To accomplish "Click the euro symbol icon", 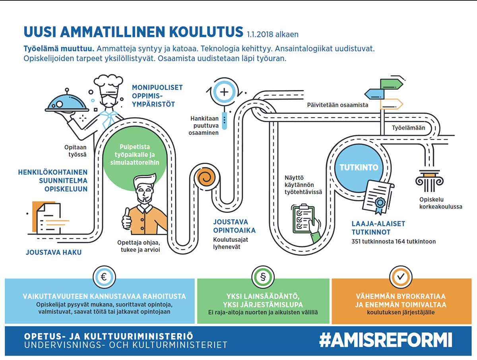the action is [104, 277].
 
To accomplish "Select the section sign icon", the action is [263, 277].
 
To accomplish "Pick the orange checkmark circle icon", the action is [401, 277].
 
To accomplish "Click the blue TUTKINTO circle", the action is [359, 167].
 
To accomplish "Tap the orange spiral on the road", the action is [206, 177].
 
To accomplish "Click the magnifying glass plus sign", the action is [224, 92].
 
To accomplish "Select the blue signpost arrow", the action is [374, 94].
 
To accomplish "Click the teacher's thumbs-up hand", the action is [127, 219].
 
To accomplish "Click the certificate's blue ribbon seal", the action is [380, 205].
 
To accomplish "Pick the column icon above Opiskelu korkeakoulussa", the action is [429, 181].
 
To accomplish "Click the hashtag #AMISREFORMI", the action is [386, 340].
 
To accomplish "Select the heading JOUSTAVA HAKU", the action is [54, 252].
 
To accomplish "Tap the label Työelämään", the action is [408, 128].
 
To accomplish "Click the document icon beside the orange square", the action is [48, 219].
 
